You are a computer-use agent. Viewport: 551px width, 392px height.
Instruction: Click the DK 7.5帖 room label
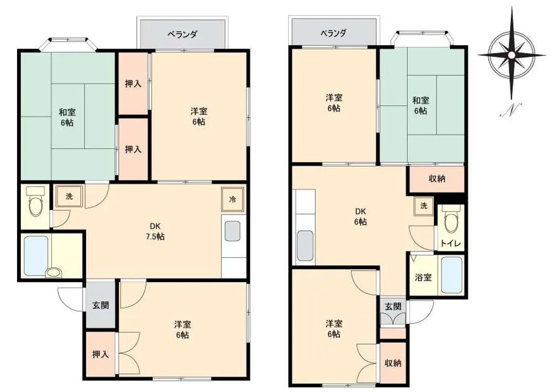(155, 231)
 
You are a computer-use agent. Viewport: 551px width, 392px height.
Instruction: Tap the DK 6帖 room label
(360, 217)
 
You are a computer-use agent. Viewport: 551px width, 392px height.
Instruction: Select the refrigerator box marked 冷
(233, 200)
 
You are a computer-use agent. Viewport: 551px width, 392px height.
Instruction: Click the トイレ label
(451, 244)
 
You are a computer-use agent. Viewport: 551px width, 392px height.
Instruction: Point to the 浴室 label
(423, 277)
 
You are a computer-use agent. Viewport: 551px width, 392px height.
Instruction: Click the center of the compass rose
(511, 55)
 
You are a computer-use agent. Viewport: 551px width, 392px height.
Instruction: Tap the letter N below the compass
(511, 110)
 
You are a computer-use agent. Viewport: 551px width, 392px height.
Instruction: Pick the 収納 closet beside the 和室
(437, 179)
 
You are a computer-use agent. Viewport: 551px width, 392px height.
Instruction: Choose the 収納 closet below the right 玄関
(393, 363)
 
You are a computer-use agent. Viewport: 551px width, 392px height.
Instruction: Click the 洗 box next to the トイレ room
(424, 206)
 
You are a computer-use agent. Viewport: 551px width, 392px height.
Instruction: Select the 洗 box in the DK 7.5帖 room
(69, 196)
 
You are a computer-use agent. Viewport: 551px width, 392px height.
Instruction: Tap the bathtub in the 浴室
(451, 275)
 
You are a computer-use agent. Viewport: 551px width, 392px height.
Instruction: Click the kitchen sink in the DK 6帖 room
(305, 246)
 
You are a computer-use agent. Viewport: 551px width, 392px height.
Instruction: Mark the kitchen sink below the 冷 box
(233, 231)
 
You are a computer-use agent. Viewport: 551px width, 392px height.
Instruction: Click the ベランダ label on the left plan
(182, 34)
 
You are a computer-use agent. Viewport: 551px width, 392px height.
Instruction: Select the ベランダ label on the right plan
(333, 34)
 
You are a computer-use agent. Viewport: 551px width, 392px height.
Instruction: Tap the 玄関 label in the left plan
(100, 305)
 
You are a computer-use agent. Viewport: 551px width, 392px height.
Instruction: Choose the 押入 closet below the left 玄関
(100, 355)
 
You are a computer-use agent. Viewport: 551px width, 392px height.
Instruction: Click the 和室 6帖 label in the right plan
(420, 106)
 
